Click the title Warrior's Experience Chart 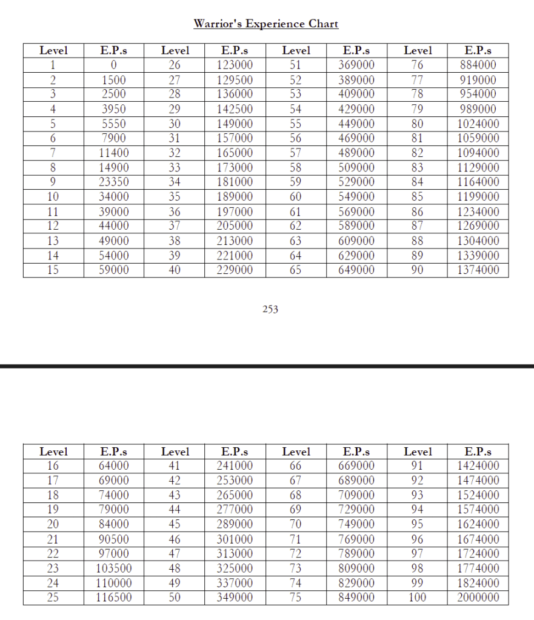click(x=265, y=24)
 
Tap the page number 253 click(x=270, y=309)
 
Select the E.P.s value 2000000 click(x=478, y=598)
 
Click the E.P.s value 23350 click(x=114, y=182)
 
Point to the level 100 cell click(x=418, y=598)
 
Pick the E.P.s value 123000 click(x=235, y=65)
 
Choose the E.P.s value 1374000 click(x=478, y=270)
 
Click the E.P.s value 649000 click(x=356, y=270)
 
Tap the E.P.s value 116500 click(x=114, y=598)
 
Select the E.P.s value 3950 click(x=114, y=109)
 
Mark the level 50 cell click(x=175, y=598)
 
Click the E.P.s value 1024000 click(x=478, y=124)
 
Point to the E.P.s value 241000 click(x=235, y=466)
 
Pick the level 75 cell click(x=296, y=598)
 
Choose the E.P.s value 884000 click(x=478, y=65)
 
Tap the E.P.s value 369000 click(x=356, y=65)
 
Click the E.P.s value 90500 click(x=114, y=539)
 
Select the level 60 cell click(x=296, y=196)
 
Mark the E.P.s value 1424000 click(x=478, y=466)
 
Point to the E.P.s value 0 click(x=114, y=65)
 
